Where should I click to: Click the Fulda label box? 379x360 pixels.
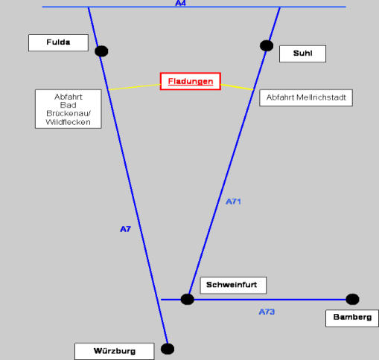point(58,43)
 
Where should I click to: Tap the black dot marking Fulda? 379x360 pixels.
point(101,51)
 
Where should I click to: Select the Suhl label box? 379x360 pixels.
point(302,54)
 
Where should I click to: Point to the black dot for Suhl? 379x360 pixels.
point(267,45)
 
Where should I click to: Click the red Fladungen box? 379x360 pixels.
point(191,81)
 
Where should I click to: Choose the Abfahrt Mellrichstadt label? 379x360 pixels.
point(306,97)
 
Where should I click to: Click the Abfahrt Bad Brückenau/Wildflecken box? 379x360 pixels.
point(69,109)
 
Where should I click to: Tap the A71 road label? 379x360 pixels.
point(233,202)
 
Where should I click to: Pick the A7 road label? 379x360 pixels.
point(125,229)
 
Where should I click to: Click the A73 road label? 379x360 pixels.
point(267,312)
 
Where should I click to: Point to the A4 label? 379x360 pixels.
point(180,3)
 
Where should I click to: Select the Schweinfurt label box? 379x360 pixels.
point(233,286)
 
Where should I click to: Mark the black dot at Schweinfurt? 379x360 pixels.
point(188,299)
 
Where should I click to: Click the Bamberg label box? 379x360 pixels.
point(352,318)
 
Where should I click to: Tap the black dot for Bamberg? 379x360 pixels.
point(352,299)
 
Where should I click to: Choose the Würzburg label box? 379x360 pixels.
point(115,351)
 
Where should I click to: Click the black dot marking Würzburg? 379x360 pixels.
point(168,349)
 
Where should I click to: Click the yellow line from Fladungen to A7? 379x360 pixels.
point(134,87)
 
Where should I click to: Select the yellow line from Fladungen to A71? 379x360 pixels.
point(237,87)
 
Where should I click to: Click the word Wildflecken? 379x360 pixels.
point(68,122)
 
